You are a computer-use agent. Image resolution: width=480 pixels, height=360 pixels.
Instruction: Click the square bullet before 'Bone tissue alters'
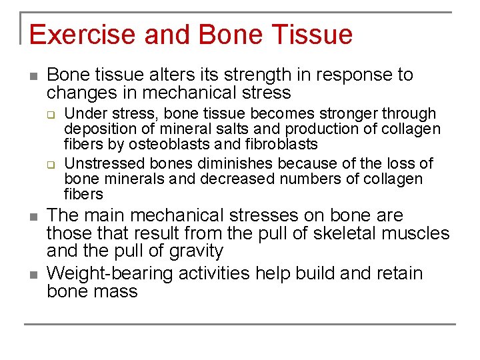coord(33,75)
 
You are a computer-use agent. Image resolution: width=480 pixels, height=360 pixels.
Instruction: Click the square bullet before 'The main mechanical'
coord(33,216)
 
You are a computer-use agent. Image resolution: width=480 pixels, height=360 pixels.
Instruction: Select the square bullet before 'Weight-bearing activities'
coord(33,274)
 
